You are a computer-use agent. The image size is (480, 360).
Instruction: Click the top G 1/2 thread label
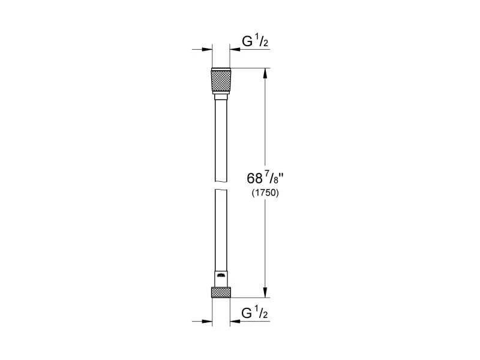tap(254, 43)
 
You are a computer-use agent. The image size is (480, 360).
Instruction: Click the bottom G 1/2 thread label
tap(254, 313)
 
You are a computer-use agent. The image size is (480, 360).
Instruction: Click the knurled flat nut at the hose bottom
tap(220, 292)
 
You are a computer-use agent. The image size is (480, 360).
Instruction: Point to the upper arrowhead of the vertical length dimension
tap(264, 72)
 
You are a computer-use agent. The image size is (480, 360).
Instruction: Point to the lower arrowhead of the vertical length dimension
tap(264, 293)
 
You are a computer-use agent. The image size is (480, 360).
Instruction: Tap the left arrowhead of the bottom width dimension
tap(208, 321)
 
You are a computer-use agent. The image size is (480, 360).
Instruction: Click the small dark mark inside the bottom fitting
tap(221, 275)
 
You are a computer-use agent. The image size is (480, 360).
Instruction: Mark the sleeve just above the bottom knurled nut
tap(220, 279)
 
